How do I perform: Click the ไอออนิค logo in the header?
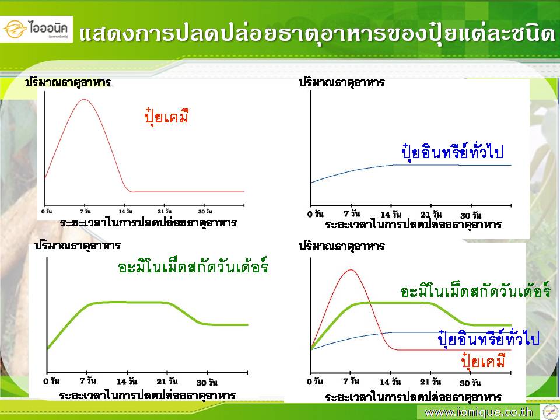point(36,29)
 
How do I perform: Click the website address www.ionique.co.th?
point(478,412)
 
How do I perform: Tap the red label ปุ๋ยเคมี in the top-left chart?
point(166,116)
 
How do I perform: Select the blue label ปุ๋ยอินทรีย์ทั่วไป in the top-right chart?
point(453,152)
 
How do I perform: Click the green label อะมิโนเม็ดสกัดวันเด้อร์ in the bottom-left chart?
point(193,266)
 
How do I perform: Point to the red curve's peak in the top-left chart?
point(84,99)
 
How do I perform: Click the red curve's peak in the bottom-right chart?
point(351,270)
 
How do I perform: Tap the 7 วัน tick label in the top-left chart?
point(85,211)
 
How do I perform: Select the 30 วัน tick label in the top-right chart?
point(471,215)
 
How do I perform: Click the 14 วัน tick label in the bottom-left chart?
point(127,381)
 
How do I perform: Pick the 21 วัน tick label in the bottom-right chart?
point(430,381)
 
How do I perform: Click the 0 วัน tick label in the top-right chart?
point(316,214)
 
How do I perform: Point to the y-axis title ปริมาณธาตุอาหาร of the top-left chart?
point(68,82)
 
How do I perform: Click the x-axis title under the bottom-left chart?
point(148,395)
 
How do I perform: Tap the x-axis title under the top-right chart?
point(414,224)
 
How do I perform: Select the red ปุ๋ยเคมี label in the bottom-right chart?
point(483,360)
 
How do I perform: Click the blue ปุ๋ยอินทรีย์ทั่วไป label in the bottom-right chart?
point(489,338)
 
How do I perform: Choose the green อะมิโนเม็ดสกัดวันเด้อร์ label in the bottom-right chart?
point(475,291)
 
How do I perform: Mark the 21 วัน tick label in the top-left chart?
point(164,211)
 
